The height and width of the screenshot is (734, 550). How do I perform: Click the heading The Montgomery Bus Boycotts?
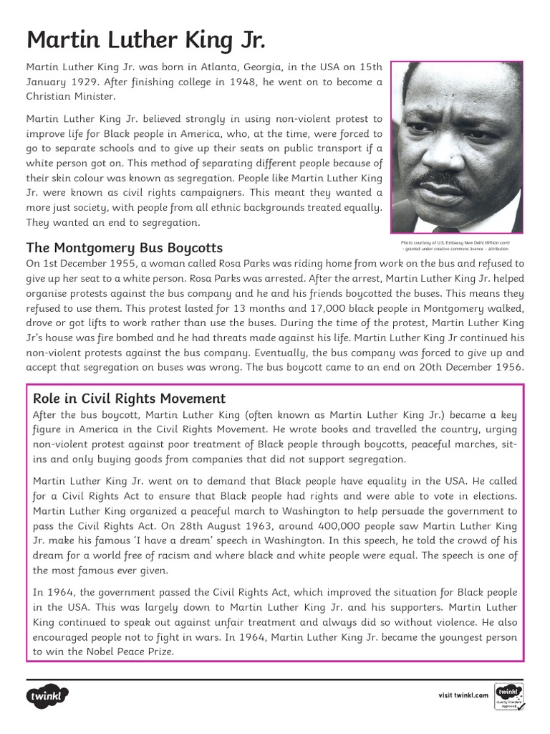[125, 248]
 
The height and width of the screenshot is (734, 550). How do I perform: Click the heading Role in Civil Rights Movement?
[130, 399]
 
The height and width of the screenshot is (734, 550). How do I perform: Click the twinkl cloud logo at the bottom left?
[49, 696]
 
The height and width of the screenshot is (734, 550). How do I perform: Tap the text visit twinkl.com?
[463, 695]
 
